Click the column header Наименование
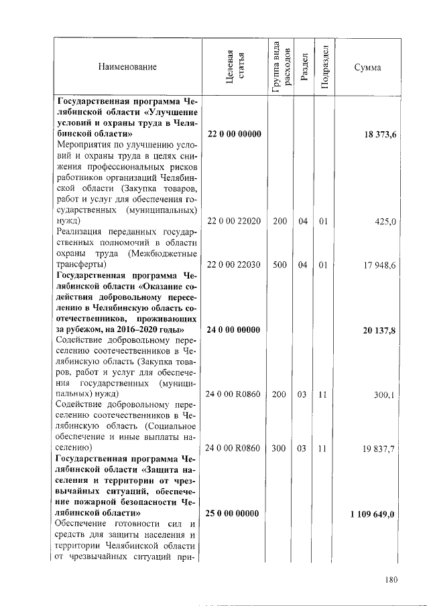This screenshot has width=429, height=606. tap(127, 67)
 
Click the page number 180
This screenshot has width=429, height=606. tap(392, 581)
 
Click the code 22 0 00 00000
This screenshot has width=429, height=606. tap(234, 135)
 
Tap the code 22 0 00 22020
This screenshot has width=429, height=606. tap(234, 221)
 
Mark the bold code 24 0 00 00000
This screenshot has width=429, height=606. tap(234, 329)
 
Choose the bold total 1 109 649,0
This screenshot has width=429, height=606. tap(373, 514)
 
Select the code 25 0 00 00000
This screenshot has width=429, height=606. tap(234, 514)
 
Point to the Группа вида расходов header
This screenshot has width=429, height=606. tap(280, 67)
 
